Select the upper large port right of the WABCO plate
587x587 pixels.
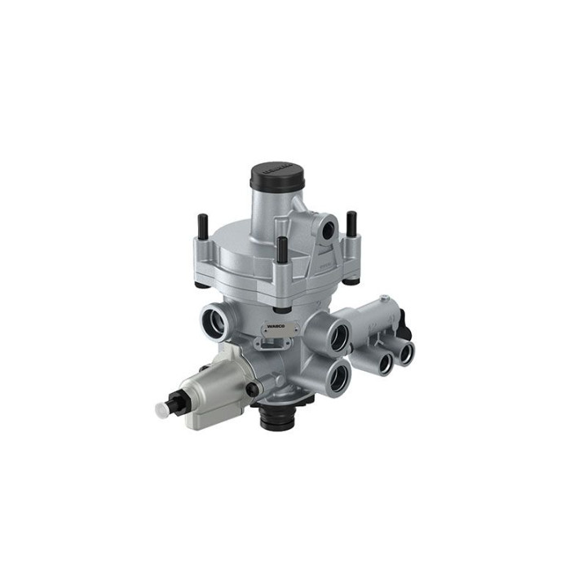coord(334,334)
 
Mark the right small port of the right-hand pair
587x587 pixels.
coord(404,352)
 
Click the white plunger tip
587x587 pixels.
coord(161,408)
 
